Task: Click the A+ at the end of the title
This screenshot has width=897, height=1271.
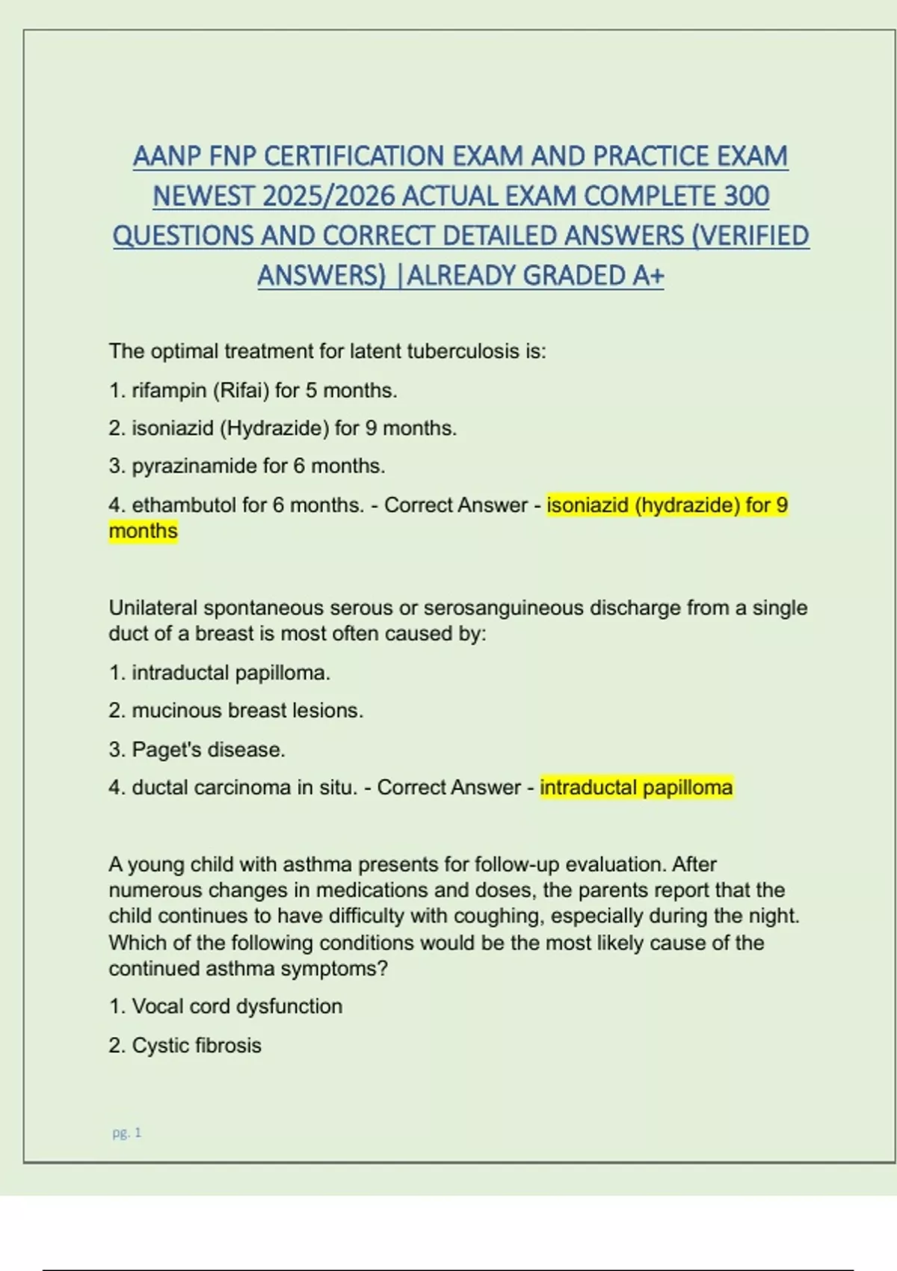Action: [648, 276]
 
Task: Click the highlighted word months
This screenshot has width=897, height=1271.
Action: [143, 531]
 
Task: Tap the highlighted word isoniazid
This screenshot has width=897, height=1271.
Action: [588, 505]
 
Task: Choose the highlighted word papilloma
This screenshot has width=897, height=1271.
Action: [688, 787]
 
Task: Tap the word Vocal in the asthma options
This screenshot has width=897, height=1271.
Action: [158, 1006]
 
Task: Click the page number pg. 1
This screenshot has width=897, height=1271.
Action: [127, 1133]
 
